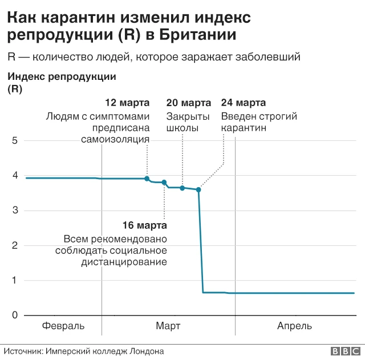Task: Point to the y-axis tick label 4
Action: coord(15,176)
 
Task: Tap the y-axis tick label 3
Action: coord(15,211)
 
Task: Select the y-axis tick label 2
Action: coord(15,246)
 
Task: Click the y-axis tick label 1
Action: coord(15,281)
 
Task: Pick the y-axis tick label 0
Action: coord(15,315)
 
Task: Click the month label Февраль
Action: coord(63,326)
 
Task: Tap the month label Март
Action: coord(168,326)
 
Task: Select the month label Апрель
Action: coord(294,326)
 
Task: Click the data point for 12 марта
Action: coord(147,179)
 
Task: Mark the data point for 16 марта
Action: coord(164,183)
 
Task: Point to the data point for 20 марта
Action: coord(182,188)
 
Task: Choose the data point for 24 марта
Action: coord(198,189)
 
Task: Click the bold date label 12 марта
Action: coord(128,103)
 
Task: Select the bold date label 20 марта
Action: coord(188,103)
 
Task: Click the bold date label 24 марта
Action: coord(243,103)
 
